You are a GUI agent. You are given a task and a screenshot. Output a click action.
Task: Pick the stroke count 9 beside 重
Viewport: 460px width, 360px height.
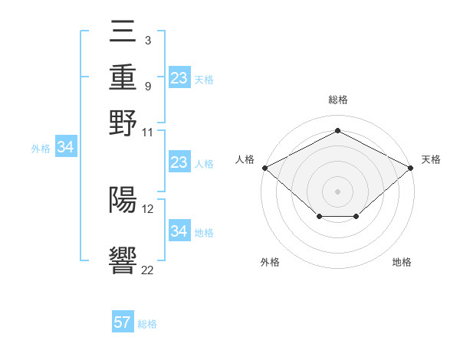147,86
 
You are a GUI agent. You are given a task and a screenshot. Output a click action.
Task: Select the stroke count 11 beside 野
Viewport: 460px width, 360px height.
148,132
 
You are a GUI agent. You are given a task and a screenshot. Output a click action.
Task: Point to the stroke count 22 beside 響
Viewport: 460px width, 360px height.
148,269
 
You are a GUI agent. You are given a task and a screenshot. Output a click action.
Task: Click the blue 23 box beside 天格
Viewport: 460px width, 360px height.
179,78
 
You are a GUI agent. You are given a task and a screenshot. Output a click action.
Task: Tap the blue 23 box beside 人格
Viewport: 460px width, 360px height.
179,162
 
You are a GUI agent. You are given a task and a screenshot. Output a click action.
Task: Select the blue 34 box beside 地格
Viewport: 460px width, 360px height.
179,231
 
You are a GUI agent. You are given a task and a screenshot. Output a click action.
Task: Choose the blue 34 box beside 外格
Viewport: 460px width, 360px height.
65,148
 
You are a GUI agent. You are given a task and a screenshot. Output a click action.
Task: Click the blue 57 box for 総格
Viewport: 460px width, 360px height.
123,322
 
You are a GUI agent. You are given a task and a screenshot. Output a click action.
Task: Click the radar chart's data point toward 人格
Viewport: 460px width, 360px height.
264,168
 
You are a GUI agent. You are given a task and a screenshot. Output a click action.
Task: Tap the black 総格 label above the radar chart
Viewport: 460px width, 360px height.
337,100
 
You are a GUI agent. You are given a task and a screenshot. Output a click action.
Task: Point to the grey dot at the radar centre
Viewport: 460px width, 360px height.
337,191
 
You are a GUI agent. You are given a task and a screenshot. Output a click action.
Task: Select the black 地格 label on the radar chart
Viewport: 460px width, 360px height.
402,263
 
